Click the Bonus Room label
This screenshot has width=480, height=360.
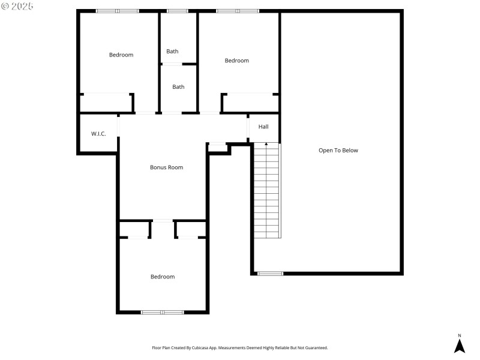[x=166, y=167]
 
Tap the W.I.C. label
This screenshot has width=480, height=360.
[x=98, y=133]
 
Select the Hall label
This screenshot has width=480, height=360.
[x=263, y=127]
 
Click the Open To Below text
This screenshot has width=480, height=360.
[x=338, y=151]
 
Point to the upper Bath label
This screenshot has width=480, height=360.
[x=172, y=52]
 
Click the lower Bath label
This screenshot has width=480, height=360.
[x=178, y=87]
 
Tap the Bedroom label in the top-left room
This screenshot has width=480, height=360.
[x=121, y=55]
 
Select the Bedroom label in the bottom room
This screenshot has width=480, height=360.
[x=162, y=277]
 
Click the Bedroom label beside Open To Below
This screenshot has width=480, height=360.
[x=236, y=61]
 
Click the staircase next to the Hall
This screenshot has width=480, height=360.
[x=266, y=192]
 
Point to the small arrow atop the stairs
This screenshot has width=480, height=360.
[x=266, y=145]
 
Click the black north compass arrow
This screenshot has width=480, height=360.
[x=460, y=346]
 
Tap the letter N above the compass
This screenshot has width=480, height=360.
[x=460, y=335]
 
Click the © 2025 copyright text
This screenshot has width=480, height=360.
[x=17, y=6]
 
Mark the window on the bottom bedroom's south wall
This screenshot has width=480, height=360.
[x=162, y=312]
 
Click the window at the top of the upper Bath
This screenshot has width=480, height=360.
[x=177, y=11]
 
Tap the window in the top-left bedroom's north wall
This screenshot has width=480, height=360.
[x=118, y=11]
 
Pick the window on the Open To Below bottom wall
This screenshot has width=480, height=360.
[x=270, y=274]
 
